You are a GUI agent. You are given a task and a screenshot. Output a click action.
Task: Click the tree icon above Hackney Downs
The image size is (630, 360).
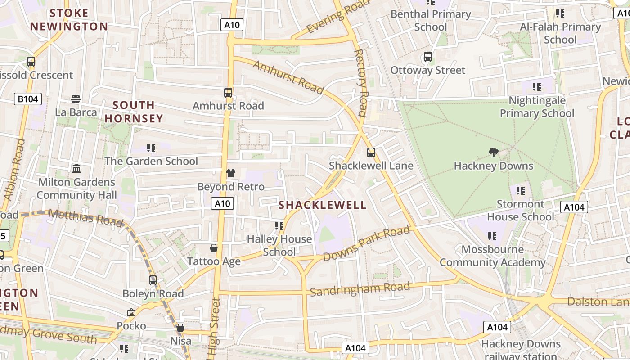coord(494,153)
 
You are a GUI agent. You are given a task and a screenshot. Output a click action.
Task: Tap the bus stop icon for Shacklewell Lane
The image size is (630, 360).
coord(371,153)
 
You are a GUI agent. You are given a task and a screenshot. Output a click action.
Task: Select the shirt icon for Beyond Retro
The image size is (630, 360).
coord(230,173)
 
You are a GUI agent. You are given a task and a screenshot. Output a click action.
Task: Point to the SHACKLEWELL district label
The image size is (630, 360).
coord(323,205)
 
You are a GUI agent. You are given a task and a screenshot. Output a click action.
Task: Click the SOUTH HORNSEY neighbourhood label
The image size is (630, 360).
coord(134,112)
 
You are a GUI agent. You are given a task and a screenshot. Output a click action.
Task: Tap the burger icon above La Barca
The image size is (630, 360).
coord(76,99)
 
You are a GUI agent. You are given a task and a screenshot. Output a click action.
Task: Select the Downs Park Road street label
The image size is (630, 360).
coord(366,244)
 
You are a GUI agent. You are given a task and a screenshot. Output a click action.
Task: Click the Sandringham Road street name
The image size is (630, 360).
coord(360,289)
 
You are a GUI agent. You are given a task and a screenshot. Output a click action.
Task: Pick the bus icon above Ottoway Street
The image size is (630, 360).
coord(427,57)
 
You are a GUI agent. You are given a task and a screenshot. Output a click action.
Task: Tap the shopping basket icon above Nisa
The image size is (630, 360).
coord(180,328)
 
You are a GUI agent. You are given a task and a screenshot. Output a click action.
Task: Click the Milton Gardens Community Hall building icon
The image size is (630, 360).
coord(76,169)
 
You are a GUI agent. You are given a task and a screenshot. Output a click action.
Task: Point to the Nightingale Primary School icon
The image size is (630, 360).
coord(536,86)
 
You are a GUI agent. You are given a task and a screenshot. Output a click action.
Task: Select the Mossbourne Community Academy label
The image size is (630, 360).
coord(492,256)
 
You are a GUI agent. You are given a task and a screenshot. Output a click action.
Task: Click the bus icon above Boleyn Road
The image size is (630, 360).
coord(153,280)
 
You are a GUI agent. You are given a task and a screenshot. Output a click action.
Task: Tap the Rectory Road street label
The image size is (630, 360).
coord(361,83)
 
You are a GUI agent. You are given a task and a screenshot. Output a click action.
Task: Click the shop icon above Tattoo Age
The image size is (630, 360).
coord(214,248)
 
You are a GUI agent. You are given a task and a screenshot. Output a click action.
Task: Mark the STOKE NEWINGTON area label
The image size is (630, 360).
coord(69,20)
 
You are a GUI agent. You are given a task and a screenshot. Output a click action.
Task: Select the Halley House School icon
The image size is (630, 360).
coord(279,225)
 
